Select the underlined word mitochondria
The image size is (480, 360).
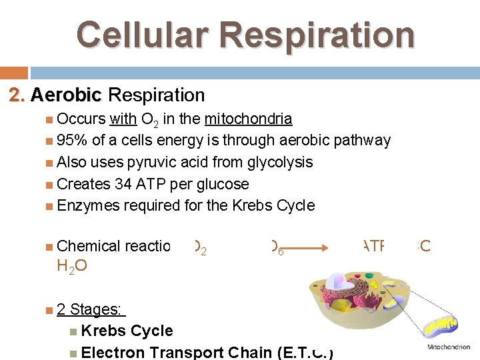[x=248, y=119]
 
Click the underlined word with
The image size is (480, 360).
[x=123, y=119]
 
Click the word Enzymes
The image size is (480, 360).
[x=88, y=205]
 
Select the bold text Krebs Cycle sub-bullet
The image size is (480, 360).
[x=127, y=331]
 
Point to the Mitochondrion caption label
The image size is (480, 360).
[x=448, y=347]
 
